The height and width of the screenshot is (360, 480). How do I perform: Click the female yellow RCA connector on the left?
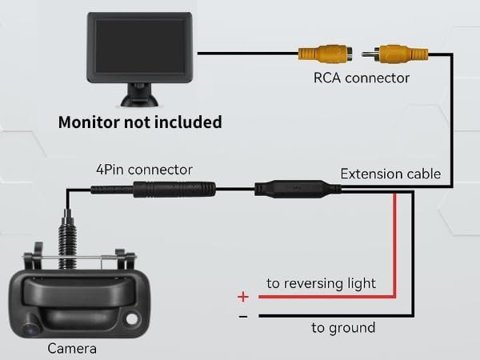(322, 54)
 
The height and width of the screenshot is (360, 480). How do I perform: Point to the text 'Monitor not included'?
(140, 123)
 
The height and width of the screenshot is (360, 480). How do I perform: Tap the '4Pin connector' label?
(144, 170)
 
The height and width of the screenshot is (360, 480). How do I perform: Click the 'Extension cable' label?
(390, 174)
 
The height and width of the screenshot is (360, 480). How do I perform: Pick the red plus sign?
(243, 297)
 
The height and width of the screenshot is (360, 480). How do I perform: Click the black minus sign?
(243, 317)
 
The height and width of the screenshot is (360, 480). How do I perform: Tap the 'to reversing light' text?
(322, 283)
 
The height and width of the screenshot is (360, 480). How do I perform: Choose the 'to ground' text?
(343, 327)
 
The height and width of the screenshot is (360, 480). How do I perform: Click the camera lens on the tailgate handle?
(31, 327)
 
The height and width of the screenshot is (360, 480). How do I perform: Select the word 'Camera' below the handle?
(73, 348)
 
